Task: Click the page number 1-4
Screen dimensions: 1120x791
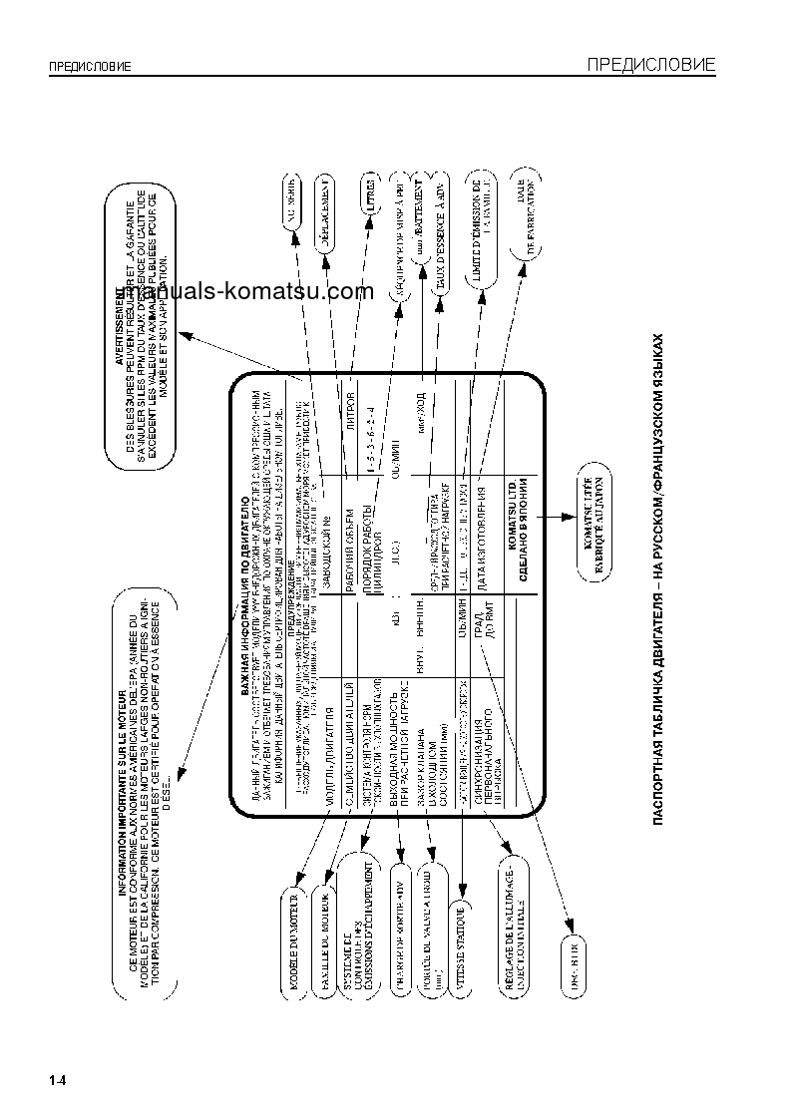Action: tap(57, 1079)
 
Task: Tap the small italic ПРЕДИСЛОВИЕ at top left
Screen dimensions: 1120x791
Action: tap(91, 68)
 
